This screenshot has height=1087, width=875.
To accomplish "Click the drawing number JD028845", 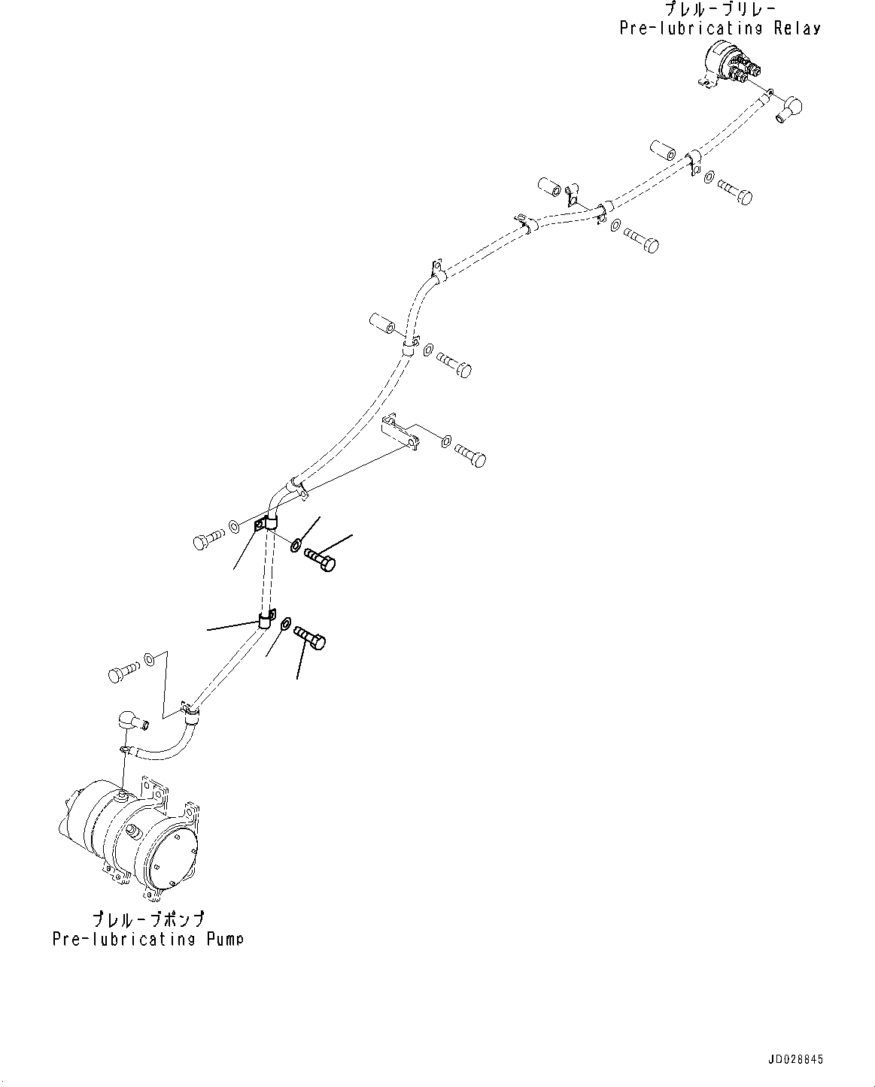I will (796, 1058).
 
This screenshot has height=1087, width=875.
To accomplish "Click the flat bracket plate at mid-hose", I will (401, 434).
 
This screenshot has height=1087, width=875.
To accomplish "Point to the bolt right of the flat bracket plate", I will (469, 456).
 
